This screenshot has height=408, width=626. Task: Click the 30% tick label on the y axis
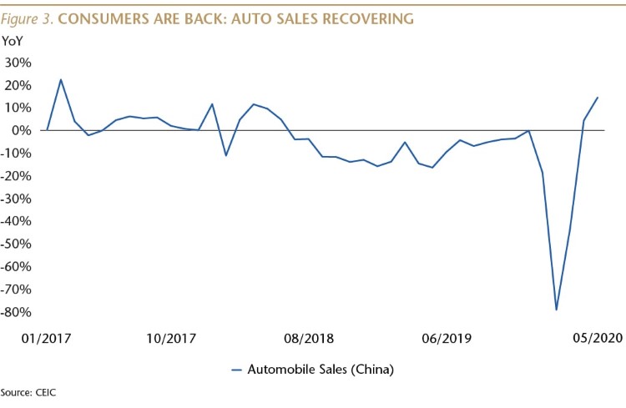[18, 63]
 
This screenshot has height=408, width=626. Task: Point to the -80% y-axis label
[16, 312]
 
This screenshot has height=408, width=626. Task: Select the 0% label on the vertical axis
[22, 130]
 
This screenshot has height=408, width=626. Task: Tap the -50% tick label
[16, 244]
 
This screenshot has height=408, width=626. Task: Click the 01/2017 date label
[46, 339]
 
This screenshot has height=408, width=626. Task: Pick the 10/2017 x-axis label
[171, 339]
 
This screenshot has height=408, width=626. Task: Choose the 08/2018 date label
[309, 339]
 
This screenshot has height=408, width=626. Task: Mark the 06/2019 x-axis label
[447, 339]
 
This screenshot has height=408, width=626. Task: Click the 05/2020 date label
[598, 338]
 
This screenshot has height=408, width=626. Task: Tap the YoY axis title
[13, 41]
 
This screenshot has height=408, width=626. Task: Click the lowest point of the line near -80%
[556, 310]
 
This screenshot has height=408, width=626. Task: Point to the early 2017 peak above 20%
[61, 79]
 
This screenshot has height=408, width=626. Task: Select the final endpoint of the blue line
[598, 97]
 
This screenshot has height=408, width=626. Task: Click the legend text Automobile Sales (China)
[321, 370]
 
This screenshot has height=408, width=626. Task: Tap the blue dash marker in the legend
[237, 370]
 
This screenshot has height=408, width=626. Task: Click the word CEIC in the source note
[46, 392]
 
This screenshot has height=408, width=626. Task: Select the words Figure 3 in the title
[28, 19]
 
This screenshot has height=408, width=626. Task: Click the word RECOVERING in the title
[368, 18]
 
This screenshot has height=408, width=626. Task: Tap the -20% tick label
[16, 176]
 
